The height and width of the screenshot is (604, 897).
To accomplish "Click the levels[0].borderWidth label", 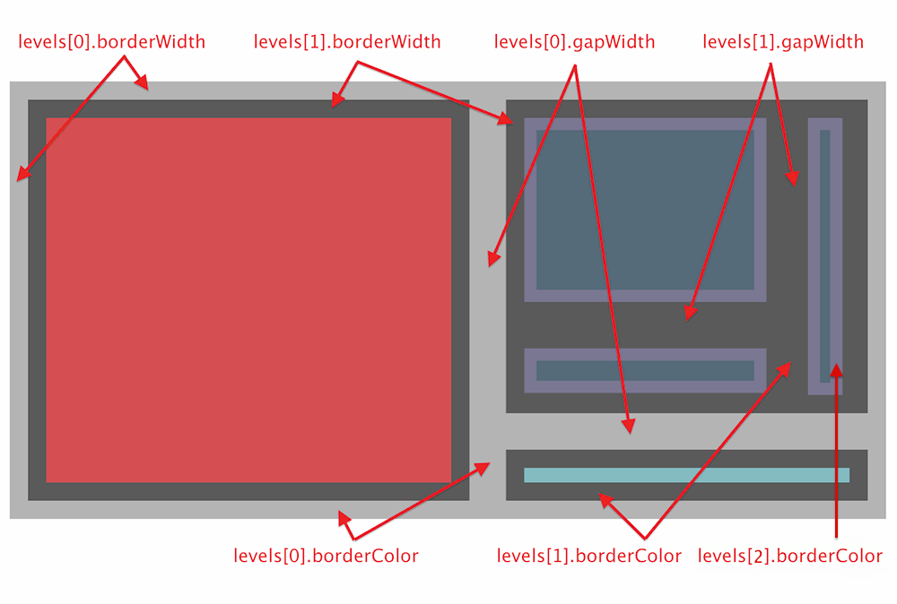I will pyautogui.click(x=112, y=41).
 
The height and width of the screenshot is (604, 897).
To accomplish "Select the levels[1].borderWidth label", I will pyautogui.click(x=347, y=41).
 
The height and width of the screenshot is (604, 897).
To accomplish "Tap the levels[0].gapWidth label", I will pyautogui.click(x=575, y=41).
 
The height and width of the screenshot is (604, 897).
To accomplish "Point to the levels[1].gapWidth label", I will pyautogui.click(x=783, y=41).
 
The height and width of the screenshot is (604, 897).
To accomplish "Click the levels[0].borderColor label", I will pyautogui.click(x=326, y=556).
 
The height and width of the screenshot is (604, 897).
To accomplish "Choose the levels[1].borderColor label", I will pyautogui.click(x=589, y=556).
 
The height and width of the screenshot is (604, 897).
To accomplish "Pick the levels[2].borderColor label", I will pyautogui.click(x=790, y=556).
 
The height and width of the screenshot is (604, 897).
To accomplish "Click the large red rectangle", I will pyautogui.click(x=248, y=299).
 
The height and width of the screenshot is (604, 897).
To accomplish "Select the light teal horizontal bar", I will pyautogui.click(x=686, y=475).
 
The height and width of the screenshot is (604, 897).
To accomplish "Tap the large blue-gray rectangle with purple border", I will pyautogui.click(x=645, y=209).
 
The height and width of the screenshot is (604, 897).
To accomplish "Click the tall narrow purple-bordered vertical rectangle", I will pyautogui.click(x=825, y=255).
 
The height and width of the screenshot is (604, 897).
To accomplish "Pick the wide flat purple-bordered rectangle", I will pyautogui.click(x=645, y=370).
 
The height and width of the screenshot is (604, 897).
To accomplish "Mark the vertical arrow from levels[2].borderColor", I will pyautogui.click(x=836, y=457).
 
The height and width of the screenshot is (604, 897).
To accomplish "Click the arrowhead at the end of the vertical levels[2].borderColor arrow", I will pyautogui.click(x=836, y=368).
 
